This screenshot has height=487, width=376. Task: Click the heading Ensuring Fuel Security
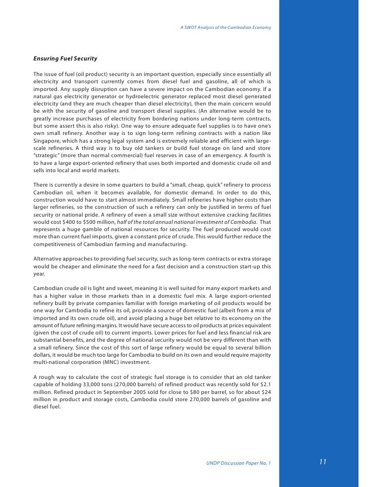pos(65,59)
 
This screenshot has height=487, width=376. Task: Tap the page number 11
pos(323,462)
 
